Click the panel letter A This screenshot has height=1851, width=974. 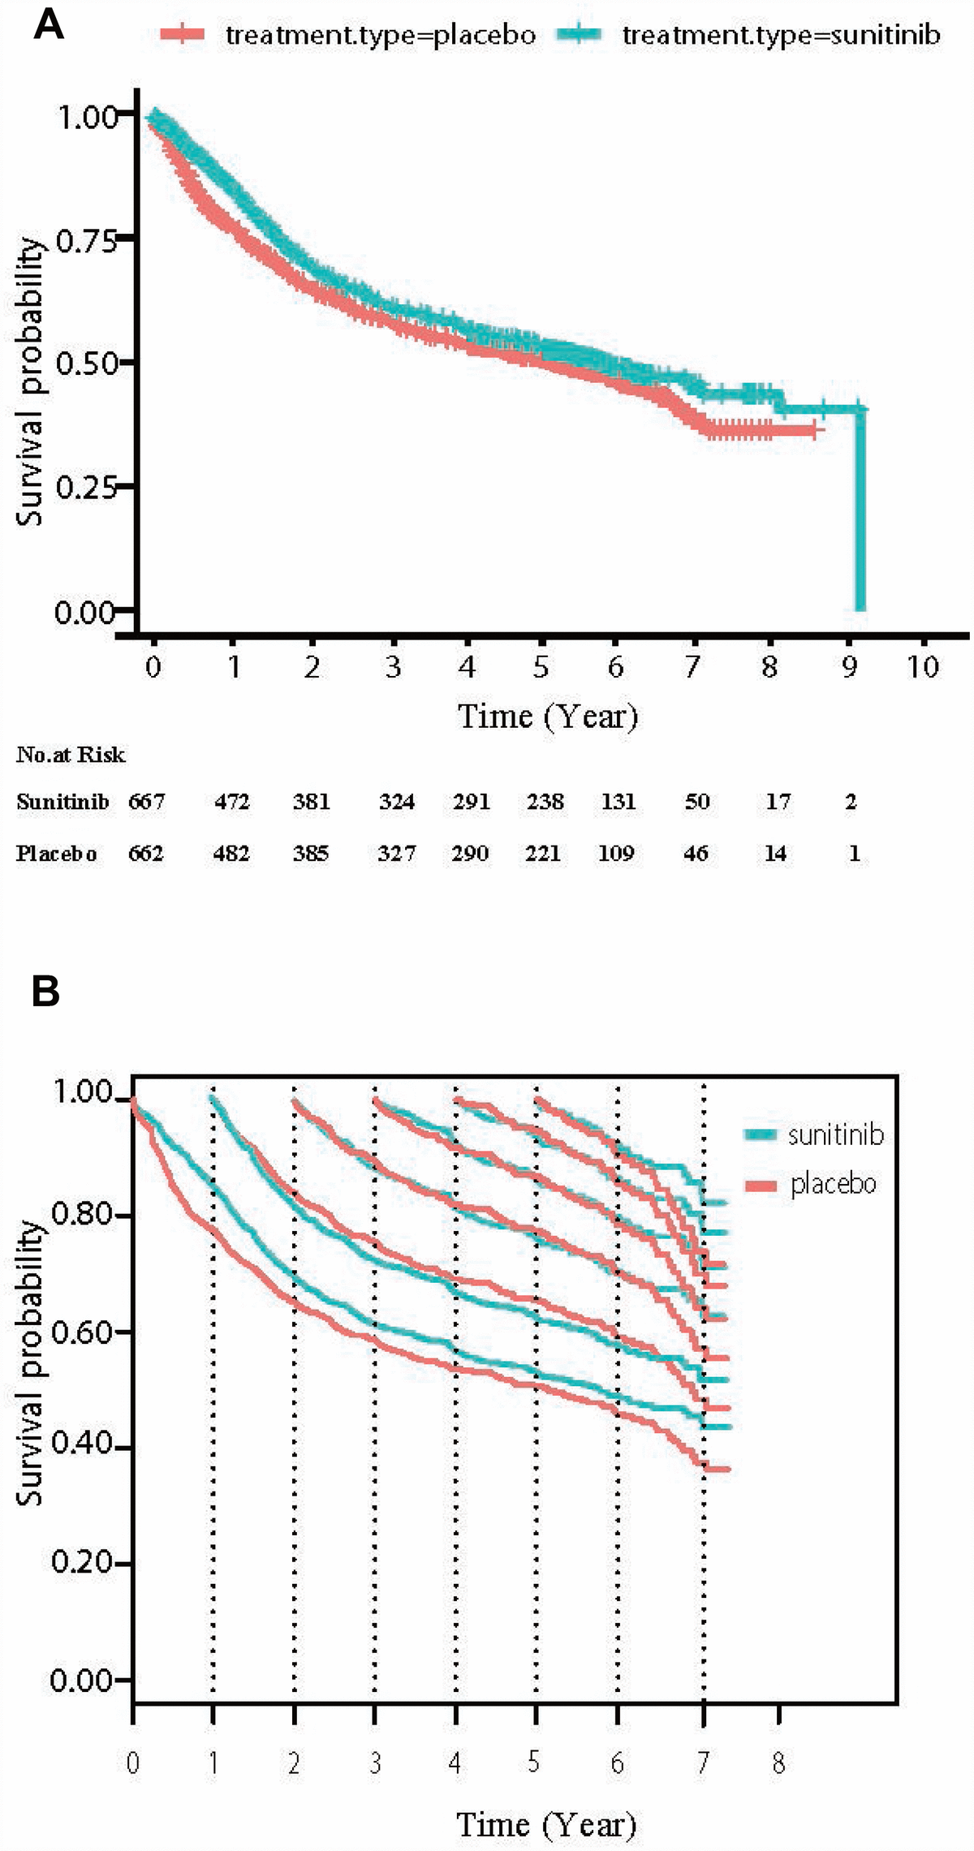48,26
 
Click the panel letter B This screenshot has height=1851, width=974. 46,992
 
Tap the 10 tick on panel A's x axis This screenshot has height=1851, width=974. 923,667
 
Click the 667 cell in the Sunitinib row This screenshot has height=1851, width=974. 147,802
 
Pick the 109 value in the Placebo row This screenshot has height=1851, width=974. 616,854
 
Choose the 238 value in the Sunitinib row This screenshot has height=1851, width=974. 545,802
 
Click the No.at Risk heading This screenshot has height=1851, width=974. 71,755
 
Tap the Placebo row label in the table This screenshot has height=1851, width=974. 57,854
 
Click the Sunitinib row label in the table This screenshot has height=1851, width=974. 62,802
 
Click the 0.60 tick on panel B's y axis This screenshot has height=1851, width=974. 82,1332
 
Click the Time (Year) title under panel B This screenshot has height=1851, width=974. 546,1824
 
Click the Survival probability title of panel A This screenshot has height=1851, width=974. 30,381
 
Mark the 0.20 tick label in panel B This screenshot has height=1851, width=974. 82,1562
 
